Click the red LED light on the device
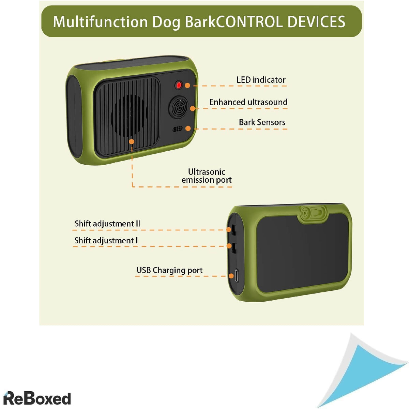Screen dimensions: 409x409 (179, 85)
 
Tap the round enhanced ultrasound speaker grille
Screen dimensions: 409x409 (178, 107)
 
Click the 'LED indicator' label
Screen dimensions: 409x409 (261, 80)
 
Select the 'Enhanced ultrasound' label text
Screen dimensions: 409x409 (248, 102)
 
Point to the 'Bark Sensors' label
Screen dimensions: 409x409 (262, 122)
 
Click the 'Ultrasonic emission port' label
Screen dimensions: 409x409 (207, 176)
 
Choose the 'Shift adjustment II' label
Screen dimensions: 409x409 (107, 224)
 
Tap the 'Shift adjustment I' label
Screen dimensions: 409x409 (106, 241)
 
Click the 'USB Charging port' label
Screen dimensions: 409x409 (169, 270)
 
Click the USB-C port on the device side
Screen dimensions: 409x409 (237, 275)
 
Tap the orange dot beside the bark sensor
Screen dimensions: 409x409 (188, 128)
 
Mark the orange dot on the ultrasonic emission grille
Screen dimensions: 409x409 (132, 141)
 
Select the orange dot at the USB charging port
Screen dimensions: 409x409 (231, 276)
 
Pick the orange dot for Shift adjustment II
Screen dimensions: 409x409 (228, 230)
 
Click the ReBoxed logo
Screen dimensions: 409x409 (37, 398)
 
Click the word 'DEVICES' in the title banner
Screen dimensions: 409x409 (316, 22)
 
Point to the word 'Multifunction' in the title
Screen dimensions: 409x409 (100, 22)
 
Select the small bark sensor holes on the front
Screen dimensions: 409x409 (178, 129)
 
